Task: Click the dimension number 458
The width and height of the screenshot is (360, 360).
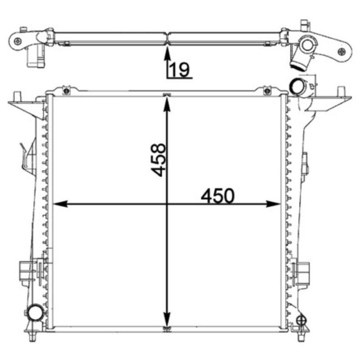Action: point(158,160)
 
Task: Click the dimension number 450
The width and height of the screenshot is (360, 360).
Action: point(218,196)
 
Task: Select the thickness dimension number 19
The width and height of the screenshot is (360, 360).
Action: point(180,69)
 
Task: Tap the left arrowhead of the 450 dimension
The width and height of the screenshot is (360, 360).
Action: point(60,204)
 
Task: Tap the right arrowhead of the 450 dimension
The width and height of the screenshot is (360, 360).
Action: point(273,204)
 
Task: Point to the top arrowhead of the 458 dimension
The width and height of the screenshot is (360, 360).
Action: point(167,105)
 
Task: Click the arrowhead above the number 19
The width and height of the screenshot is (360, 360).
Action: point(167,54)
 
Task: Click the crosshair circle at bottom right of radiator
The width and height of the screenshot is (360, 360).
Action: point(301,320)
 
